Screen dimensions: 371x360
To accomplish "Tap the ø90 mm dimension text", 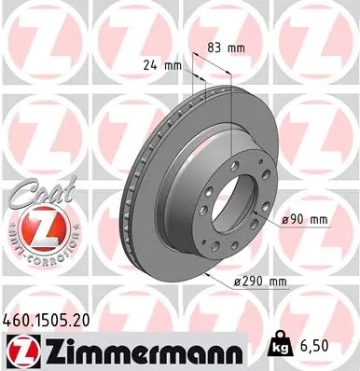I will tap(305, 219).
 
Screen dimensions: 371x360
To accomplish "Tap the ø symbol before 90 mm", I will tap(285, 219).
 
